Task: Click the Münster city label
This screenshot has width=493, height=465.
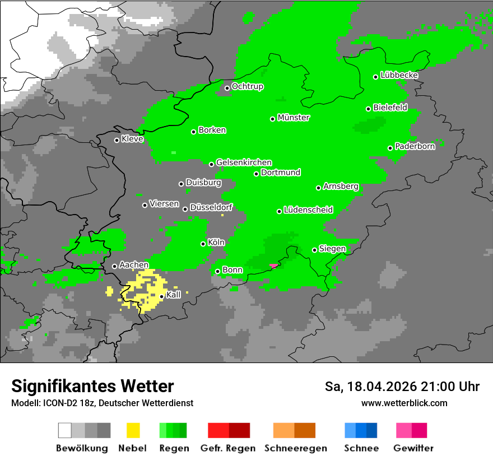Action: click(294, 118)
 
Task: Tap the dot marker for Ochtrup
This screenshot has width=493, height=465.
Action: click(227, 87)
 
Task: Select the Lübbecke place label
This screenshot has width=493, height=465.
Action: click(399, 75)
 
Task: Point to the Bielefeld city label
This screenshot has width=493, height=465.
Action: click(390, 108)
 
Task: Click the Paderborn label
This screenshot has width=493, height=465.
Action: click(415, 146)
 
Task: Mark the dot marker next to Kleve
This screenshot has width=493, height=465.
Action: click(117, 140)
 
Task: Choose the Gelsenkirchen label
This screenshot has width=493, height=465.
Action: click(244, 162)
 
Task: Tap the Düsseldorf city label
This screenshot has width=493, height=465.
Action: click(211, 207)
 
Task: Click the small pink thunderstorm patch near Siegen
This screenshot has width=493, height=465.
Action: click(273, 266)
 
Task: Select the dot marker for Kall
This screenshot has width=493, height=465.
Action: click(161, 296)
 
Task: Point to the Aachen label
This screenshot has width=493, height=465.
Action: click(134, 264)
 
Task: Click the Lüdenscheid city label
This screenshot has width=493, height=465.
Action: click(308, 210)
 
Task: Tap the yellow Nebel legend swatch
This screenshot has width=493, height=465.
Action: click(133, 430)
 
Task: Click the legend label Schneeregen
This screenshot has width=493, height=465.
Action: click(295, 448)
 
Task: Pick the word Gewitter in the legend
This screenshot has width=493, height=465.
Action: click(413, 448)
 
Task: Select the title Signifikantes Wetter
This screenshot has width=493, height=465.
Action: click(92, 386)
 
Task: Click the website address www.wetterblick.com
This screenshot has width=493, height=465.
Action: click(404, 403)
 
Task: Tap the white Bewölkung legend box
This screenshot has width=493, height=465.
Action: click(65, 430)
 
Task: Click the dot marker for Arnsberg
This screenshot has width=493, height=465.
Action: click(318, 188)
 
